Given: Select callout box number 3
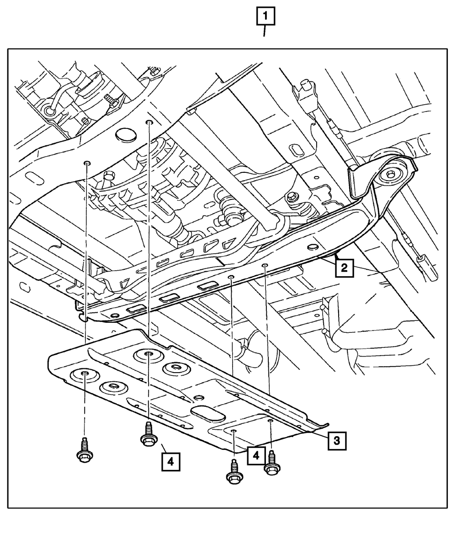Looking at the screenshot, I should click(336, 441).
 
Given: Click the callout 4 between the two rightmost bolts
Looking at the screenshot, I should click(256, 456).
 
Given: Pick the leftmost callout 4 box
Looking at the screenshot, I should click(170, 462).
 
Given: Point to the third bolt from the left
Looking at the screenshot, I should click(233, 471).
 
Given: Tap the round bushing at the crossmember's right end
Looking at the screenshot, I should click(392, 174).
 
